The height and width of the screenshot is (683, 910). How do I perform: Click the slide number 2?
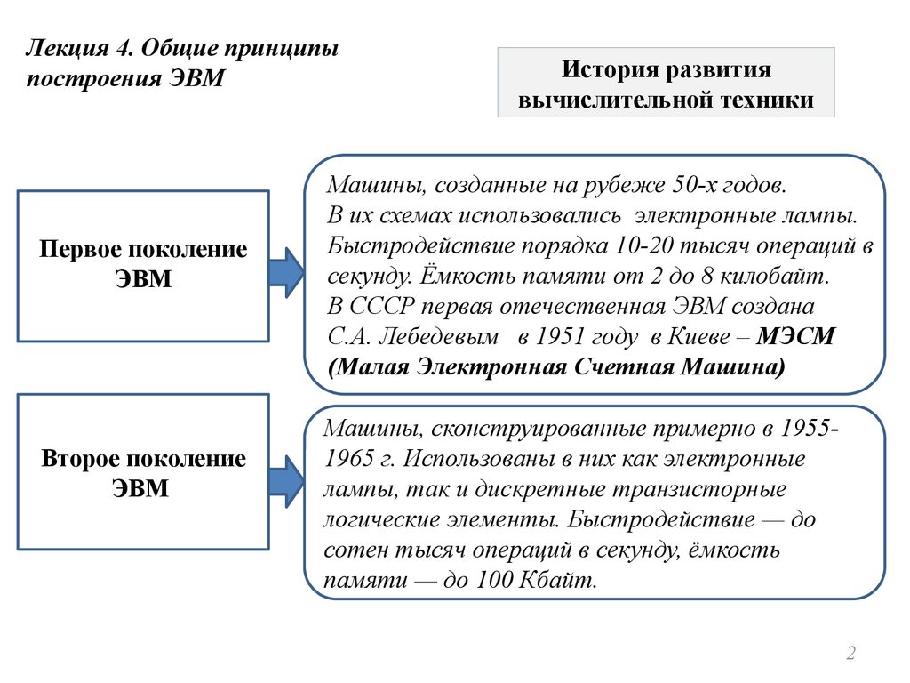(x=850, y=655)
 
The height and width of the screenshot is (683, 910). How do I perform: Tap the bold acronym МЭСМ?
(x=798, y=337)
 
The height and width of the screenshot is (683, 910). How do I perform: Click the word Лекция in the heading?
(x=60, y=46)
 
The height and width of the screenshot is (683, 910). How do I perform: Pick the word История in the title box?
(x=608, y=69)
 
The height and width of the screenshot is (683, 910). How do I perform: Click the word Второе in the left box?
(x=82, y=460)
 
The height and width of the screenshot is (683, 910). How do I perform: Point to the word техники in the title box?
(x=766, y=100)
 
